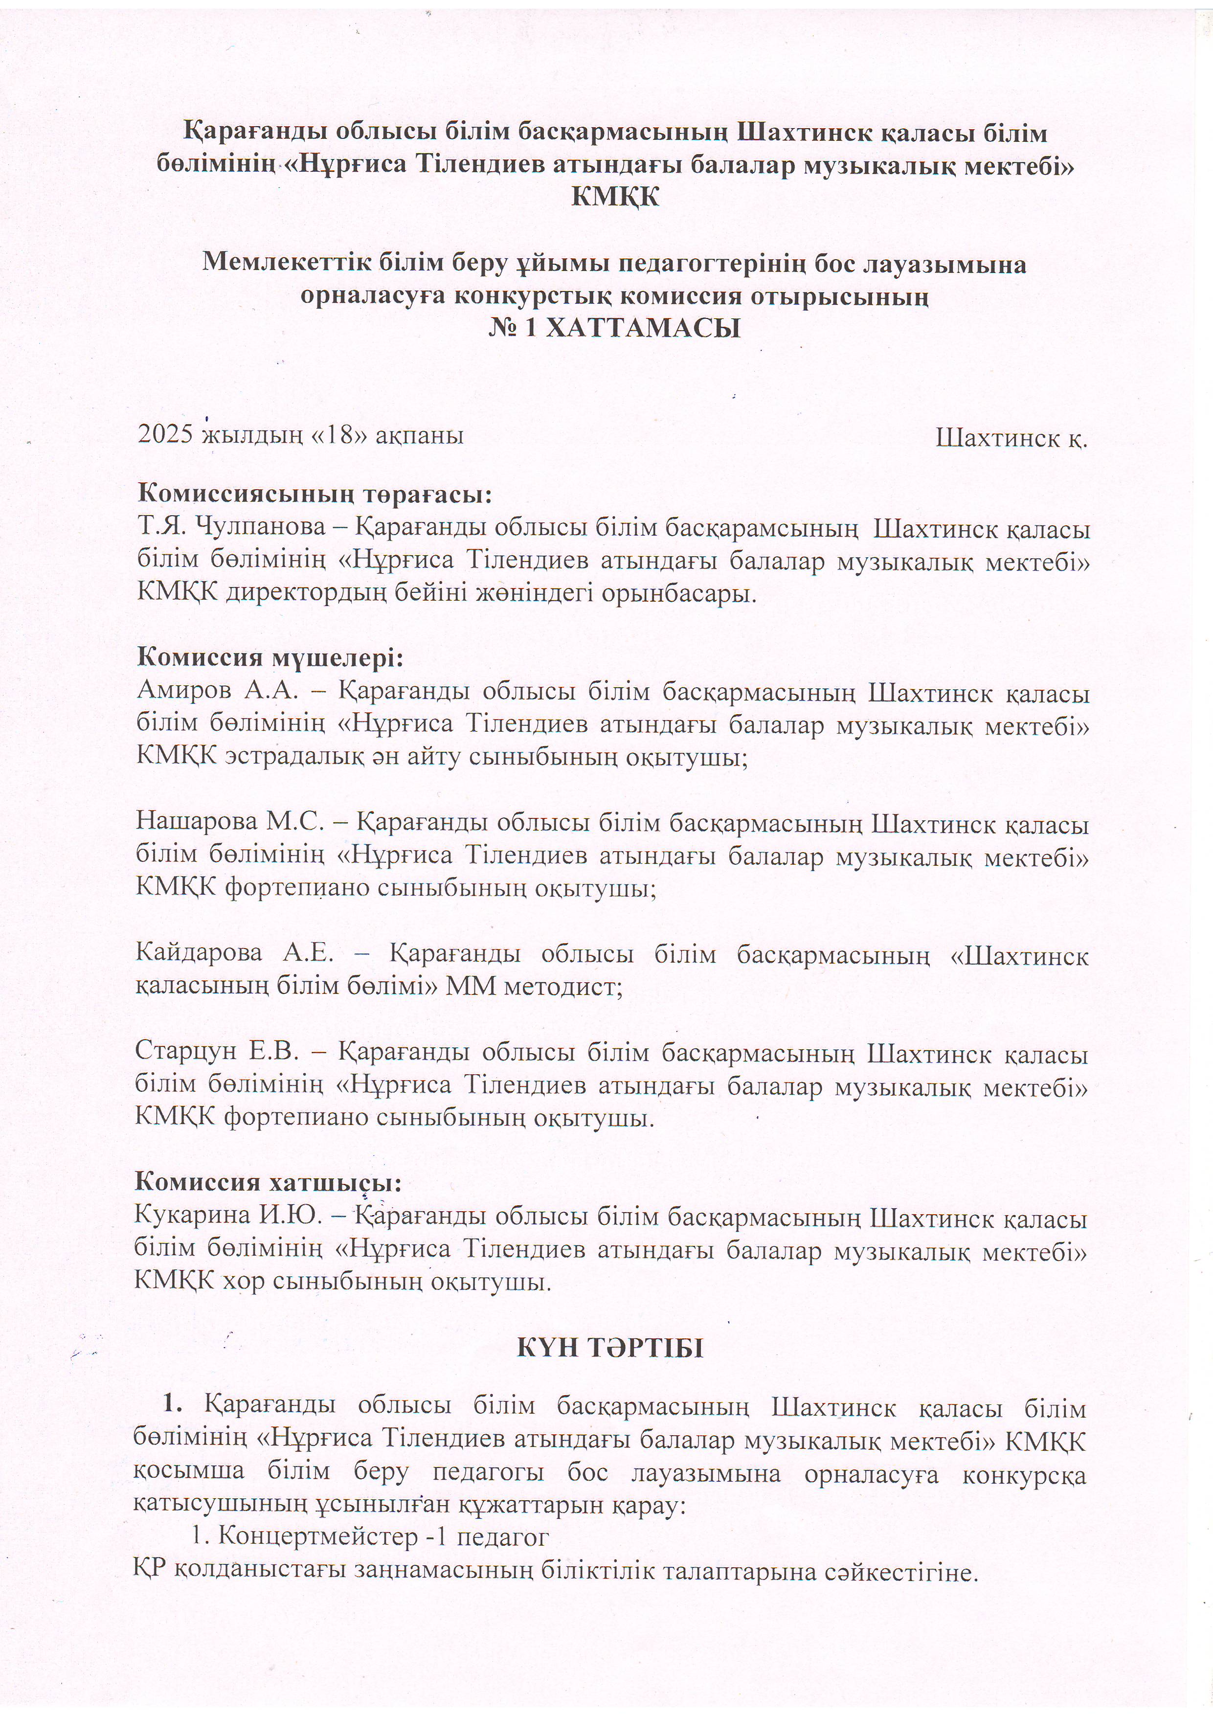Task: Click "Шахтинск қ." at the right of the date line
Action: [x=1011, y=438]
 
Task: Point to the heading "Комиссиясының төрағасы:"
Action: [x=315, y=495]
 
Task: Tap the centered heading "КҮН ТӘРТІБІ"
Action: [x=610, y=1348]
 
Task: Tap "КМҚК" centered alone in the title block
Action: [x=614, y=197]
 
